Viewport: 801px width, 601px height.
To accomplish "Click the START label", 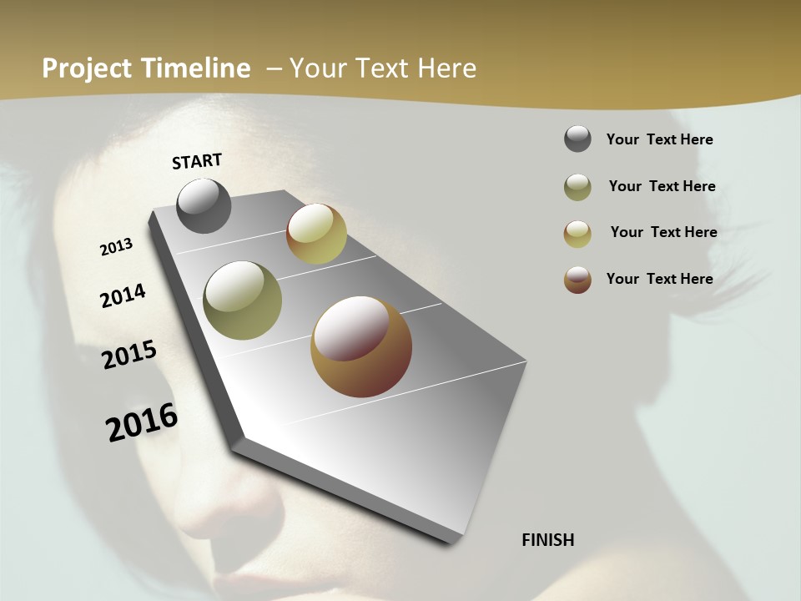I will click(x=197, y=161).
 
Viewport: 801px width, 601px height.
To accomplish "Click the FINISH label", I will click(x=548, y=540).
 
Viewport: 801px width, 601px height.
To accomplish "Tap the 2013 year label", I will click(x=117, y=247).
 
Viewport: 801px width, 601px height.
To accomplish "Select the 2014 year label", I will click(x=123, y=296).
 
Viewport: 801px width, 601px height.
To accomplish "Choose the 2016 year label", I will click(x=142, y=422).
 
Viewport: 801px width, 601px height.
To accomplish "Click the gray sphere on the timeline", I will click(x=204, y=206).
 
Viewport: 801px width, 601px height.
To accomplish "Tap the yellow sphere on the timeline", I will click(x=316, y=234).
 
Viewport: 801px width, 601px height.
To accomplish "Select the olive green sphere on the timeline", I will click(x=243, y=300).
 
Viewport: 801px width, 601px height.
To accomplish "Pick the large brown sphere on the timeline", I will click(x=361, y=346).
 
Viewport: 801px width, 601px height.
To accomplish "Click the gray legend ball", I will click(x=577, y=139).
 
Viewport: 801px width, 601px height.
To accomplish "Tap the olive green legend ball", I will click(x=577, y=187).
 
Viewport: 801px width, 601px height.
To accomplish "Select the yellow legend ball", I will click(x=577, y=234).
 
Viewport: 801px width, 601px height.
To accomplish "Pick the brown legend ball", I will click(x=577, y=280).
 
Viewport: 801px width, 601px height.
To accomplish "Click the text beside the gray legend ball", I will click(x=659, y=140).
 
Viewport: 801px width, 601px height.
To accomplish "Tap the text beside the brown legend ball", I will click(x=659, y=279).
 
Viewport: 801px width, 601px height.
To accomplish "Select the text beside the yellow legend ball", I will click(x=663, y=232).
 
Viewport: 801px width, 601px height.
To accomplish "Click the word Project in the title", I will click(x=88, y=68).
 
